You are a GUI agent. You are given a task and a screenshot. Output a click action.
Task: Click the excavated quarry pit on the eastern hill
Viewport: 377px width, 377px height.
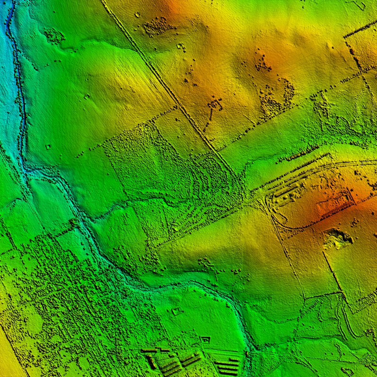click(x=338, y=238)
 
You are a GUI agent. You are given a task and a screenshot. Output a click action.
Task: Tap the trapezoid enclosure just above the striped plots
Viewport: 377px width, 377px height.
click(x=205, y=339)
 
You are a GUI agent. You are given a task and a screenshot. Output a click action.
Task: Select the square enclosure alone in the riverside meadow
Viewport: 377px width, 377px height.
click(x=177, y=311)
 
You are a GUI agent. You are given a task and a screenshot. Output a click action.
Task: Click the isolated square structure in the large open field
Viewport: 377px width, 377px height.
click(x=87, y=96)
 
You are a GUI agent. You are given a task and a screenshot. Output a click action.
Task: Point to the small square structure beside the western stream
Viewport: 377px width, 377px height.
click(x=48, y=147)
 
